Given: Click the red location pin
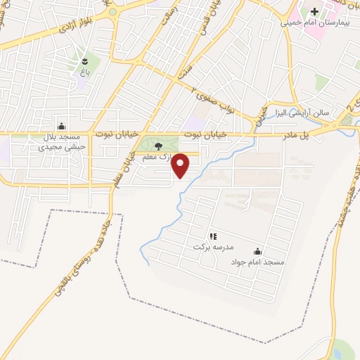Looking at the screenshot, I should point(181,166).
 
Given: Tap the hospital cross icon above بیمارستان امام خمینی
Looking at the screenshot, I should point(314,12).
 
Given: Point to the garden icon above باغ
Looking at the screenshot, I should point(85,60).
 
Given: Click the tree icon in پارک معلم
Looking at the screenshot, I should point(158,146).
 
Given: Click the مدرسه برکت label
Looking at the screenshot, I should point(218,247).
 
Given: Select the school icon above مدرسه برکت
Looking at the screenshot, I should point(213,236).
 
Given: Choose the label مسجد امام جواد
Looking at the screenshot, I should point(257,262).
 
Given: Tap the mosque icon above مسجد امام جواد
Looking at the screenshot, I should point(257,251).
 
